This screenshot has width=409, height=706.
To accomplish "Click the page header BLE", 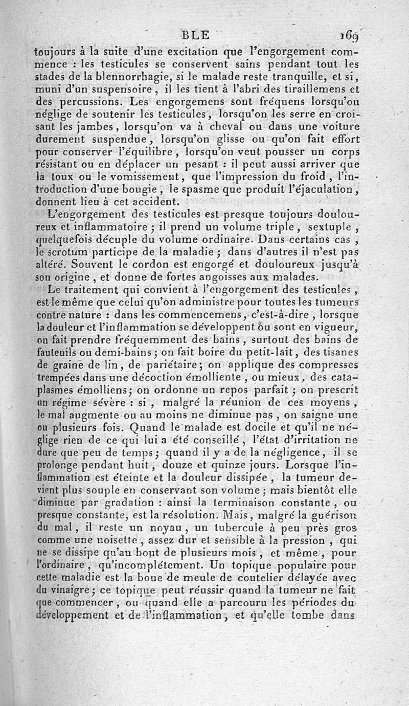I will click(x=195, y=35).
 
